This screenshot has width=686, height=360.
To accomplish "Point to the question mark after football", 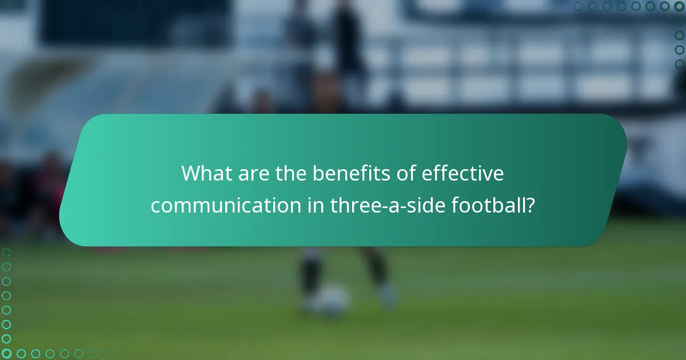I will click(530, 205).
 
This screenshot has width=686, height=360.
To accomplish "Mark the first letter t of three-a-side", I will click(333, 205).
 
